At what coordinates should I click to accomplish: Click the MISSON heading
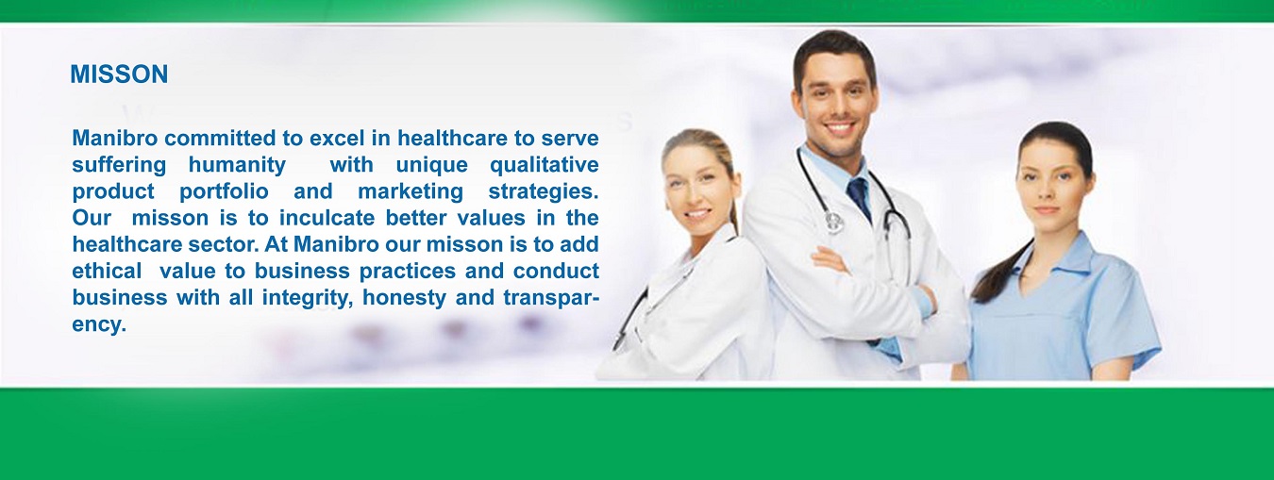(x=119, y=74)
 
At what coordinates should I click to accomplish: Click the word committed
(x=234, y=138)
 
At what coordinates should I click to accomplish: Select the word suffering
(x=119, y=165)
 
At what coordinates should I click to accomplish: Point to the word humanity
(x=237, y=165)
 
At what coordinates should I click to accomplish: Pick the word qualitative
(x=545, y=165)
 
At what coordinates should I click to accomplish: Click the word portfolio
(x=224, y=191)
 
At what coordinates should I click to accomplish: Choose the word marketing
(x=411, y=191)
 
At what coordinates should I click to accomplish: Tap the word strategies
(x=544, y=191)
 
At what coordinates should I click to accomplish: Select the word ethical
(x=107, y=271)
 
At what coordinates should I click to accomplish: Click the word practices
(x=408, y=271)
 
